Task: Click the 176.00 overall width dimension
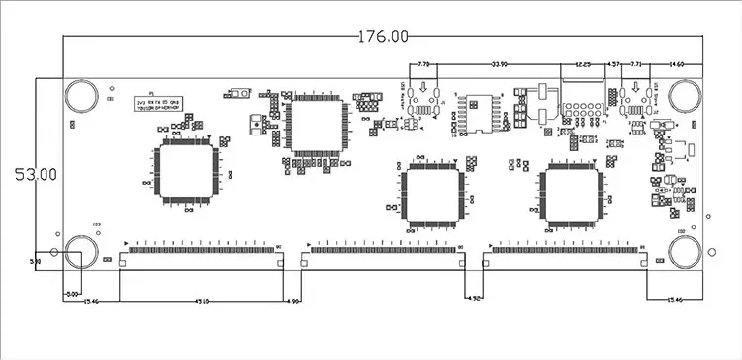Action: [382, 36]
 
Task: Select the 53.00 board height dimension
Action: [35, 173]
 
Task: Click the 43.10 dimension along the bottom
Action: [202, 301]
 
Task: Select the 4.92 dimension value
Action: [474, 298]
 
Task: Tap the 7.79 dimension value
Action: [424, 64]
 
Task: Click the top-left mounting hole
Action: [81, 96]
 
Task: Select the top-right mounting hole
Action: [685, 96]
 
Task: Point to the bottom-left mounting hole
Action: [81, 252]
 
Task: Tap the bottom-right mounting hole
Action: [685, 252]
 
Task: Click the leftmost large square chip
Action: [186, 171]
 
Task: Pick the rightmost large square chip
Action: [571, 193]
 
